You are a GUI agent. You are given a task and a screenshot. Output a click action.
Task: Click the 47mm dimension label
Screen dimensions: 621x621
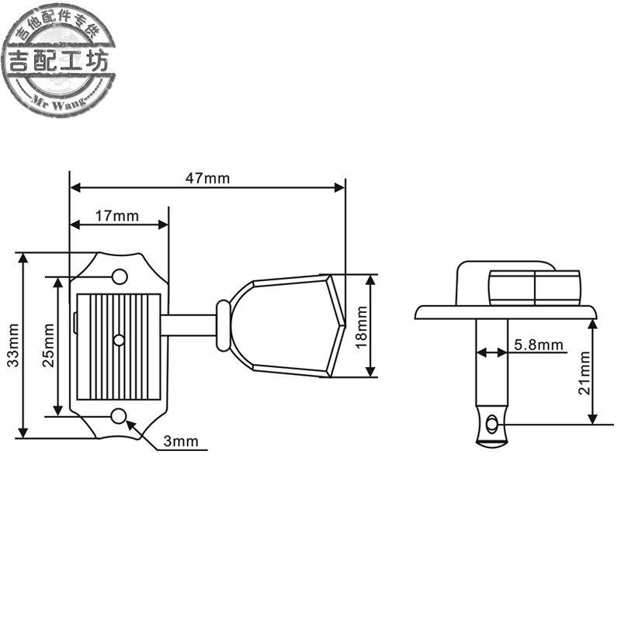point(207,179)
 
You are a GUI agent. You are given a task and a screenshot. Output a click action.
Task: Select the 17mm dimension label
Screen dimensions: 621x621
point(117,216)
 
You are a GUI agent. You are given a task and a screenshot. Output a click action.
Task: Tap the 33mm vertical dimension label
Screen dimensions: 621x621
point(13,345)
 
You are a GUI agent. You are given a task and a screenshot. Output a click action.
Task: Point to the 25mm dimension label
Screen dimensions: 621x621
point(48,345)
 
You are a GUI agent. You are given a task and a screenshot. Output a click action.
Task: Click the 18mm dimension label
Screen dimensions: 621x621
point(362,327)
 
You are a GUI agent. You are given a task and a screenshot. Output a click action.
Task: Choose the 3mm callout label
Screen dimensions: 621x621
point(181,441)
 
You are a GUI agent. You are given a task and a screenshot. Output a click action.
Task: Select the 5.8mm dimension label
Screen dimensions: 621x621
point(539,345)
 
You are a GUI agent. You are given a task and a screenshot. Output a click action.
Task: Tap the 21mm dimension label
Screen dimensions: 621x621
point(585,373)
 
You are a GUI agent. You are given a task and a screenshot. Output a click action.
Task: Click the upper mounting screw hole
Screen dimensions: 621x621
point(120,277)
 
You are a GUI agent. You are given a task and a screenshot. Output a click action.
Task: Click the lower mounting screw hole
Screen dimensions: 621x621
point(119,416)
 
